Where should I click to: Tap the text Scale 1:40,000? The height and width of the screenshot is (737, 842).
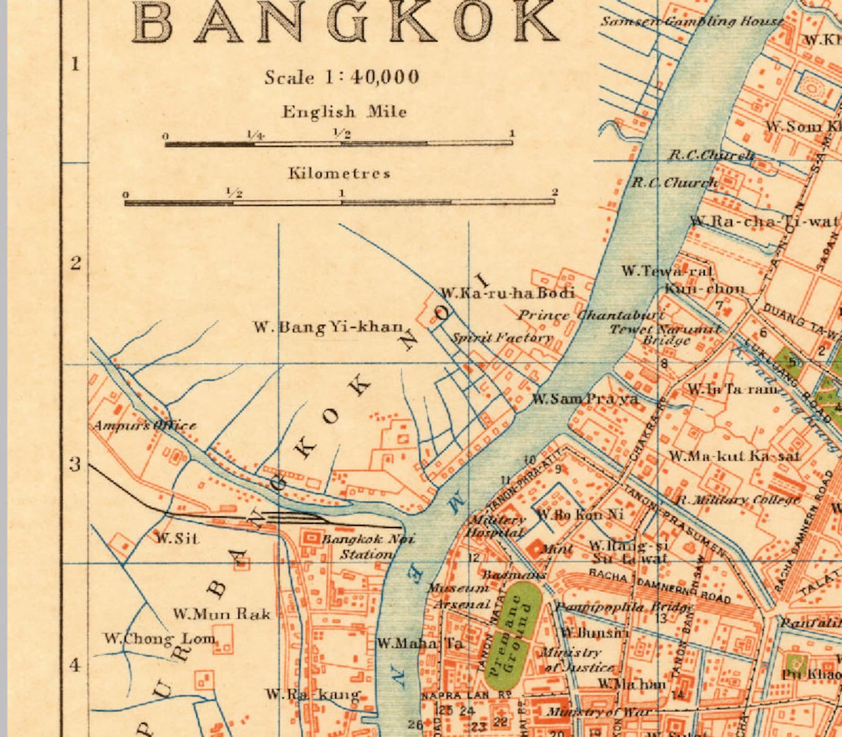pyautogui.click(x=342, y=77)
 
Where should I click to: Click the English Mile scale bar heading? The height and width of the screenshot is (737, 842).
pyautogui.click(x=344, y=112)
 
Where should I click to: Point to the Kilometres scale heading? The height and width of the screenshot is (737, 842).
pyautogui.click(x=339, y=173)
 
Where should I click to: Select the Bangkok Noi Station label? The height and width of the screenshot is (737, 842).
pyautogui.click(x=367, y=547)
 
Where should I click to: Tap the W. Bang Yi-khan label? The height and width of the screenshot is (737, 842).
pyautogui.click(x=328, y=327)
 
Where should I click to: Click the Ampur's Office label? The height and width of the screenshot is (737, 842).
pyautogui.click(x=145, y=425)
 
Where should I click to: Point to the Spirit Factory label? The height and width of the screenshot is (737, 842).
pyautogui.click(x=501, y=337)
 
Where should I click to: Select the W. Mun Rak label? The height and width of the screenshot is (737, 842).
pyautogui.click(x=222, y=614)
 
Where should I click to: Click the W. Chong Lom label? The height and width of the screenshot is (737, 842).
pyautogui.click(x=160, y=638)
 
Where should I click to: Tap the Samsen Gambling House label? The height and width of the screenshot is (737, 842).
pyautogui.click(x=691, y=21)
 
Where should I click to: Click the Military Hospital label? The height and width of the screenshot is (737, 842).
pyautogui.click(x=496, y=526)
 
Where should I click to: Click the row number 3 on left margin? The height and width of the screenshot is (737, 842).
pyautogui.click(x=76, y=464)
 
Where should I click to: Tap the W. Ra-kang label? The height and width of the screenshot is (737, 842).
pyautogui.click(x=313, y=694)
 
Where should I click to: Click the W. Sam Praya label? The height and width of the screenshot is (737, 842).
pyautogui.click(x=585, y=399)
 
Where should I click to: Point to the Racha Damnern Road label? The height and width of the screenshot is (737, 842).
pyautogui.click(x=660, y=586)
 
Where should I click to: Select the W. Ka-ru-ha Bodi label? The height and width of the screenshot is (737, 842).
pyautogui.click(x=507, y=293)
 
